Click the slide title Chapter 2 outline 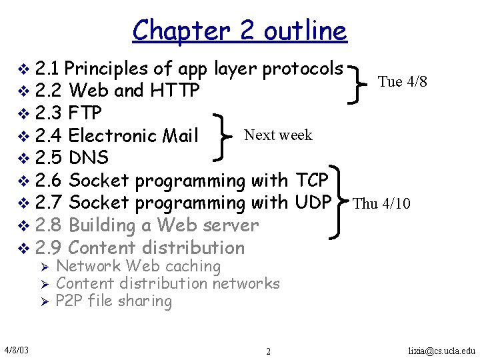tap(239, 31)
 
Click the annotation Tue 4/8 tap(402, 82)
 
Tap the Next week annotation tap(278, 135)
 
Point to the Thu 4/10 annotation tap(381, 203)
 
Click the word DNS tap(89, 158)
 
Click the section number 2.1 tap(49, 68)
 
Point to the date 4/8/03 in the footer tap(20, 350)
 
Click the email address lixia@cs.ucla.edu tap(442, 350)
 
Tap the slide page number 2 tap(268, 351)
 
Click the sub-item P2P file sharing tap(114, 301)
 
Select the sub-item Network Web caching tap(139, 267)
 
